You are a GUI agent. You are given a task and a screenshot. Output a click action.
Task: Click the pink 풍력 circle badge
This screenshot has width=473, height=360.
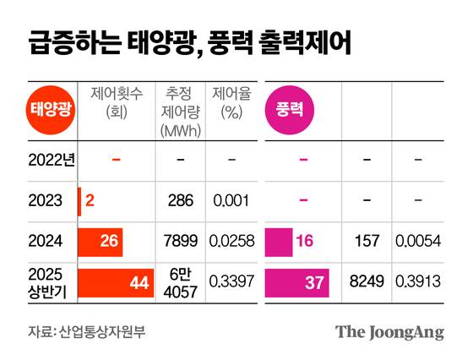290,109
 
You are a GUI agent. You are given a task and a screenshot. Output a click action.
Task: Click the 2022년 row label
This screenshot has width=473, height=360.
51,159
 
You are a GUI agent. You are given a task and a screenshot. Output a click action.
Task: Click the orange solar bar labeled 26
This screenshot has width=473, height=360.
100,242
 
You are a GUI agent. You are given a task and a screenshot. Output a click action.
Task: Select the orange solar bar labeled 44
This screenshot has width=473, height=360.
115,283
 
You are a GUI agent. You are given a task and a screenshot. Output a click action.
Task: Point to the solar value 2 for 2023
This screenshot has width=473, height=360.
89,200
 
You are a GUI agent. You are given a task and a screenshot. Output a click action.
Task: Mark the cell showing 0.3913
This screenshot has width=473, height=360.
420,283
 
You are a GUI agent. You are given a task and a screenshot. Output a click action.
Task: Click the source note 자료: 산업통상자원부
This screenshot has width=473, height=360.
87,330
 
